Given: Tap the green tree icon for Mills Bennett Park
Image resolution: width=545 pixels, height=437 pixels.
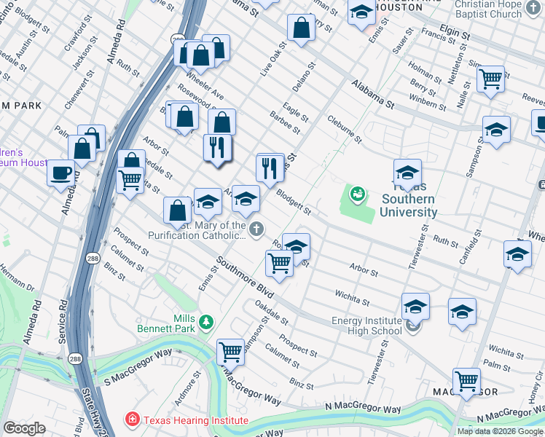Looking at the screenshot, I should [x=207, y=321].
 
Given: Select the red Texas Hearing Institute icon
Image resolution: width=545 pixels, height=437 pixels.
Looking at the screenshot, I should [x=132, y=420].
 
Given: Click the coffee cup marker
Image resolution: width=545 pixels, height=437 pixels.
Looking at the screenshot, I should [x=60, y=173].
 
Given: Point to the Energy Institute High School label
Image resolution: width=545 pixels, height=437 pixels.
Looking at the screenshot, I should [x=366, y=326].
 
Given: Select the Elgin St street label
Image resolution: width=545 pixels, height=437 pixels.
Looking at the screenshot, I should [x=455, y=34].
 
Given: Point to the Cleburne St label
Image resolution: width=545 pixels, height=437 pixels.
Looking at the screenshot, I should [x=344, y=129].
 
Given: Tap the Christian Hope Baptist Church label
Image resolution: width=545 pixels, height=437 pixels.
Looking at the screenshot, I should [x=498, y=9].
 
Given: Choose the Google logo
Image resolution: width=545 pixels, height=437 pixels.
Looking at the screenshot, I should [x=24, y=428].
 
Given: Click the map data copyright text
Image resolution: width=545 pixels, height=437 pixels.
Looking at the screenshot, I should [x=500, y=431].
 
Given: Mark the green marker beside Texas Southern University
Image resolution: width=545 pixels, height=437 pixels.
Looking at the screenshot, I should [x=357, y=194].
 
